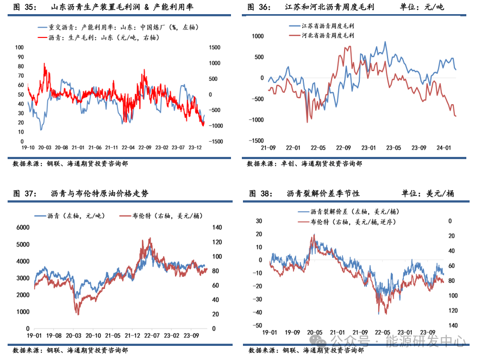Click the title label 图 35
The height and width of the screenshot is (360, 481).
(x=24, y=7)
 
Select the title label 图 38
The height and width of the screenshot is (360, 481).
(x=260, y=193)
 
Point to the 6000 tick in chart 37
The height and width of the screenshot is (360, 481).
(x=23, y=228)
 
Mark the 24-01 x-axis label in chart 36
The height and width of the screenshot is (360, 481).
(x=442, y=148)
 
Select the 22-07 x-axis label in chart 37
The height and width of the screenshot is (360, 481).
(x=150, y=336)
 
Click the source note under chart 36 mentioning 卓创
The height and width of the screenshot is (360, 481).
(x=304, y=163)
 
